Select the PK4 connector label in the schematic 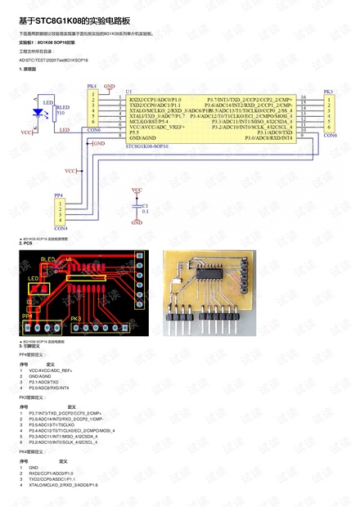click(x=92, y=85)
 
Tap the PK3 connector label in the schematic click(x=328, y=92)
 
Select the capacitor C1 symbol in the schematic click(x=137, y=209)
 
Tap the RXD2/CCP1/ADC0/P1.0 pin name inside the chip click(x=156, y=98)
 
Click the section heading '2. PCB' click(x=25, y=243)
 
